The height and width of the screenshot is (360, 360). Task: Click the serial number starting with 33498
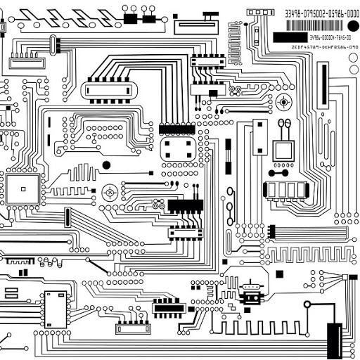click(321, 13)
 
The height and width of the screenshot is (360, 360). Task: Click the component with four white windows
click(285, 190)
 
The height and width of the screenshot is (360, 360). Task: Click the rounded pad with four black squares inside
click(179, 148)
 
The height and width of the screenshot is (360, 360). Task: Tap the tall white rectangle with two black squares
click(260, 137)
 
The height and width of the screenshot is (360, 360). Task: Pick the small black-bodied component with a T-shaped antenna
click(250, 293)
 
